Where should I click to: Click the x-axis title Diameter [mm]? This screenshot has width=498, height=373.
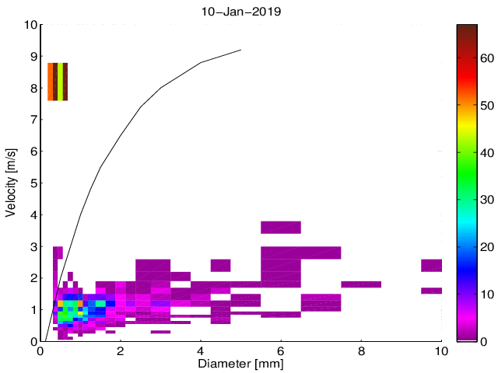[x=241, y=364]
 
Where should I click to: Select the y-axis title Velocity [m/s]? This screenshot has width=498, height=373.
[x=12, y=183]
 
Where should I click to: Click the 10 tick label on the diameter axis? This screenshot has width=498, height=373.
[x=440, y=350]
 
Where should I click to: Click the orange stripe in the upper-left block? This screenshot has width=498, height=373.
[x=51, y=82]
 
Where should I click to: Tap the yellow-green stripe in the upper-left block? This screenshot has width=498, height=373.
[x=60, y=82]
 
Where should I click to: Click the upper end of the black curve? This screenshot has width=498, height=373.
[x=240, y=51]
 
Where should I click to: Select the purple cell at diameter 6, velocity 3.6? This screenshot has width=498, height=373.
[x=281, y=227]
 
